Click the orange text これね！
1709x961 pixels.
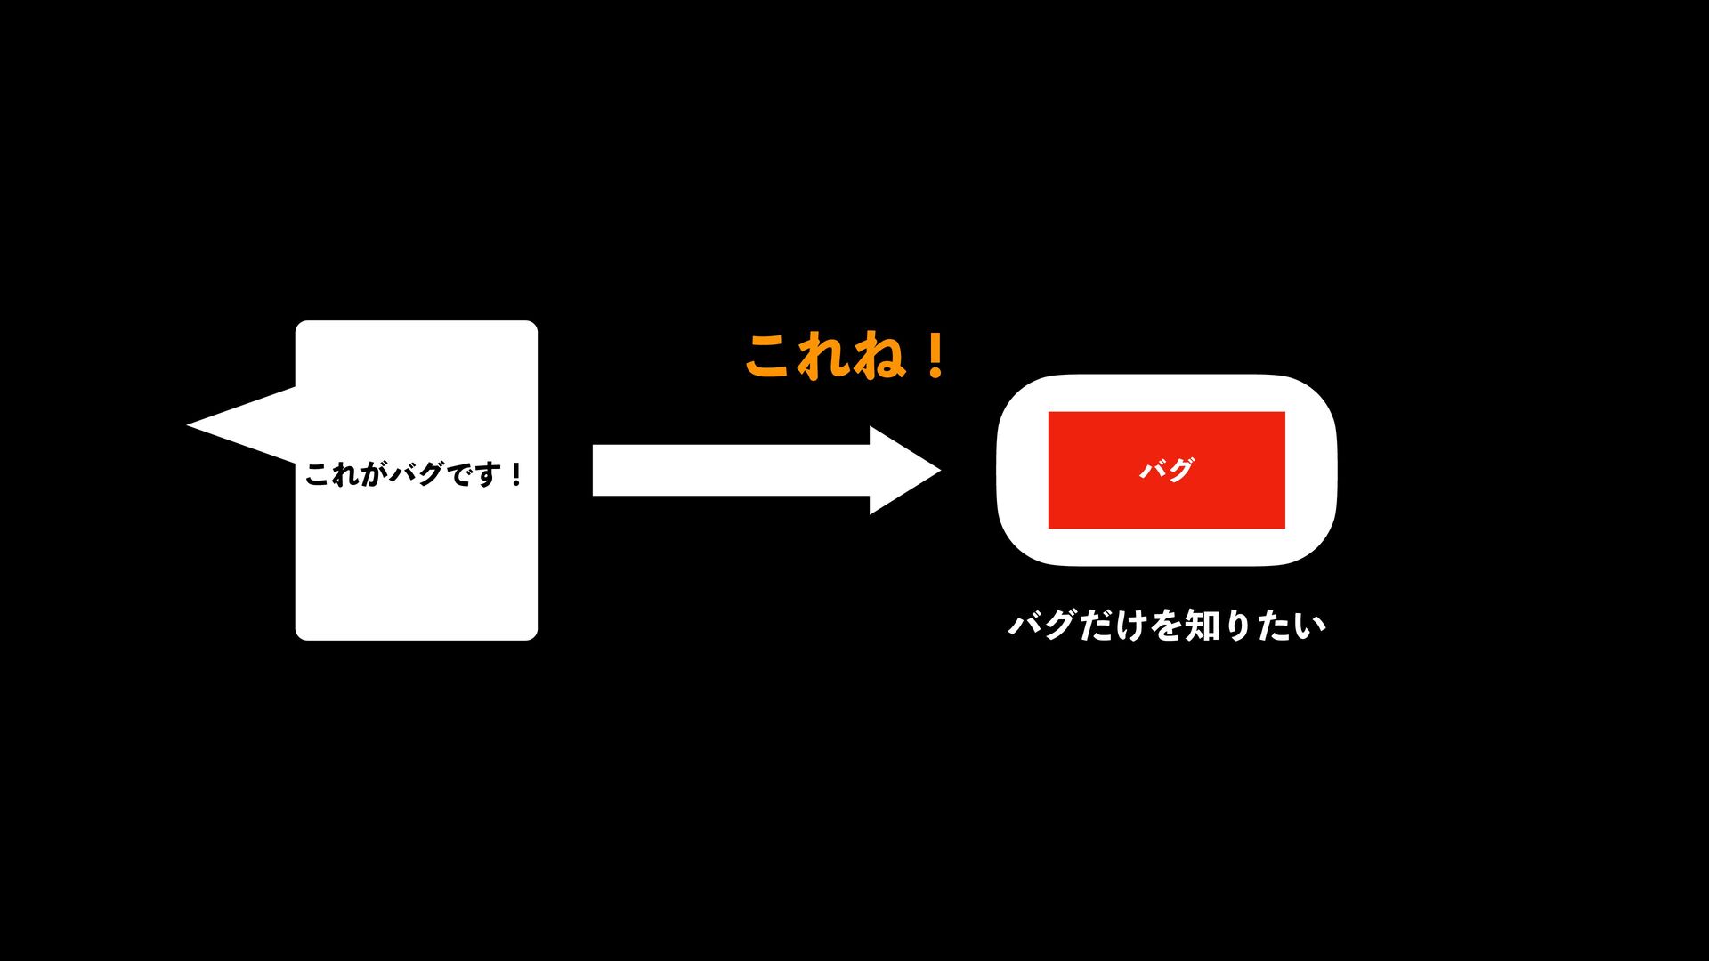pyautogui.click(x=846, y=357)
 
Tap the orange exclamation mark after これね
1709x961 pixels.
pyautogui.click(x=935, y=357)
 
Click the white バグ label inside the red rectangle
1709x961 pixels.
pyautogui.click(x=1166, y=469)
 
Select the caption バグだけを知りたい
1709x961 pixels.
pyautogui.click(x=1167, y=626)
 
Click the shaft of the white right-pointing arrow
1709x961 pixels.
pyautogui.click(x=730, y=470)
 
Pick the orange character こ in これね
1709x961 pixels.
pyautogui.click(x=771, y=357)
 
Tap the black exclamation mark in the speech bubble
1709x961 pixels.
pyautogui.click(x=515, y=473)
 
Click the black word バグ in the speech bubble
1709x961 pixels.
pyautogui.click(x=415, y=473)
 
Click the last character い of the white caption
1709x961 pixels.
pyautogui.click(x=1310, y=626)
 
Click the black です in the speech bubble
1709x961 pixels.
pyautogui.click(x=472, y=473)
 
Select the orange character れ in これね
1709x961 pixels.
pyautogui.click(x=823, y=357)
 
